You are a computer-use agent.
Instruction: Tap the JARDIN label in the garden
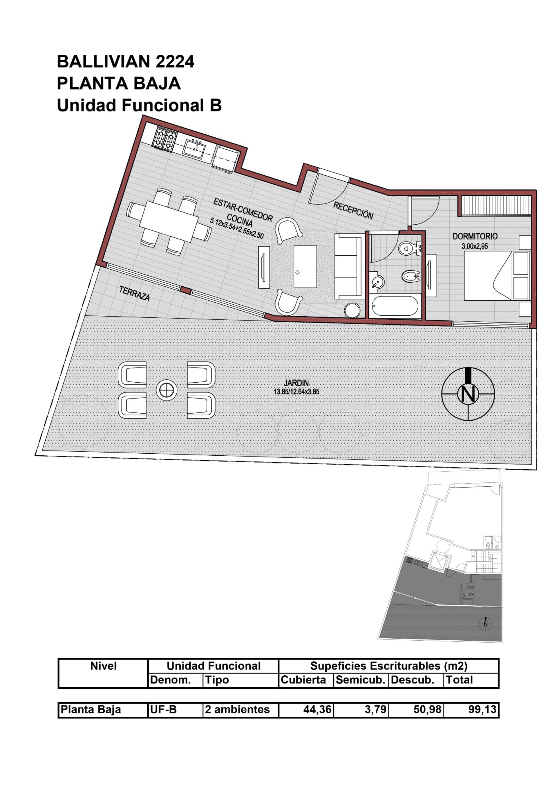coord(296,383)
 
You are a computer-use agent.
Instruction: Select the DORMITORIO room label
coord(475,236)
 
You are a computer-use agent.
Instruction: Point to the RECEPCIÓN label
coord(353,210)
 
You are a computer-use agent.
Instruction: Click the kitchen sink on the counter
coord(194,147)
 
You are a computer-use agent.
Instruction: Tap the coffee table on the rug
coord(305,266)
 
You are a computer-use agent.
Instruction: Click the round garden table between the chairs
coord(167,390)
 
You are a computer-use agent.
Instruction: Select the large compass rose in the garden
coord(468,394)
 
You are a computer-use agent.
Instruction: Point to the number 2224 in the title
coord(175,62)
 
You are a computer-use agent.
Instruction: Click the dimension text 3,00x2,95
coord(475,246)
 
